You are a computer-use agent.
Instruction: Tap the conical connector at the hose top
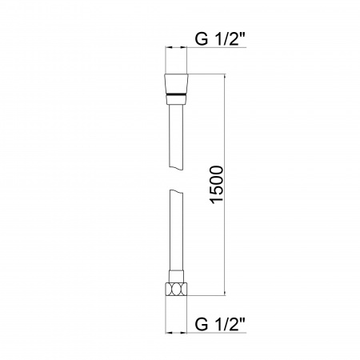pyautogui.click(x=174, y=83)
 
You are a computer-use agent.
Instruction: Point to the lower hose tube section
pyautogui.click(x=174, y=236)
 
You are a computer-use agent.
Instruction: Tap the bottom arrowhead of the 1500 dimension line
pyautogui.click(x=224, y=296)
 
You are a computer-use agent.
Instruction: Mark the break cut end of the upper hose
pyautogui.click(x=174, y=166)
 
